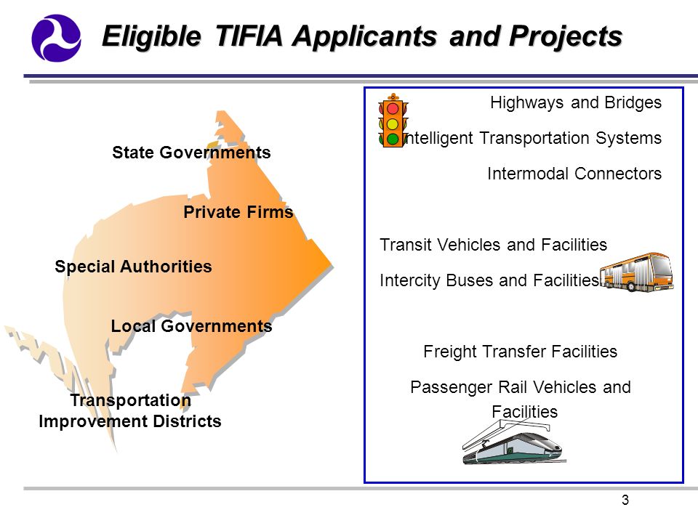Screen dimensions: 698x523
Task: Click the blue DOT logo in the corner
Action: pos(56,38)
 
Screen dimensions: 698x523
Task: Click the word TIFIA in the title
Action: pos(249,36)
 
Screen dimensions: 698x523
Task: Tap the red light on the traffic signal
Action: pos(393,108)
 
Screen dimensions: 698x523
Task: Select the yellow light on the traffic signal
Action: pos(393,123)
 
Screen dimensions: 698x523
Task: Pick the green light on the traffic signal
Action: pos(393,139)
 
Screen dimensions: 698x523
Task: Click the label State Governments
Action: pos(191,153)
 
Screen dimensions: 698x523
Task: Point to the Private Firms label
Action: pos(238,212)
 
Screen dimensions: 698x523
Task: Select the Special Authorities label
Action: pos(133,267)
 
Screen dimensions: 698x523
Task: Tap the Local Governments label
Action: pos(191,326)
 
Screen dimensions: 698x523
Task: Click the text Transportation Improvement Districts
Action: pos(130,410)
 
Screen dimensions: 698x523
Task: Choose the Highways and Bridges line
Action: pos(576,102)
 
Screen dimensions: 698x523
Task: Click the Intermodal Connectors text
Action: pos(574,174)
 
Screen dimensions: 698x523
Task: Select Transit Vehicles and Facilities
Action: pos(493,245)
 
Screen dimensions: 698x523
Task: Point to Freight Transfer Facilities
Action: pos(520,352)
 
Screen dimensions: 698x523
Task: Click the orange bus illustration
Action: pos(637,272)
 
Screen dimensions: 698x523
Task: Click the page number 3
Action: pos(625,500)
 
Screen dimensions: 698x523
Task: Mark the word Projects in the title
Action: pos(566,37)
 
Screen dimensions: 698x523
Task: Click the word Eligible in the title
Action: pos(151,37)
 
